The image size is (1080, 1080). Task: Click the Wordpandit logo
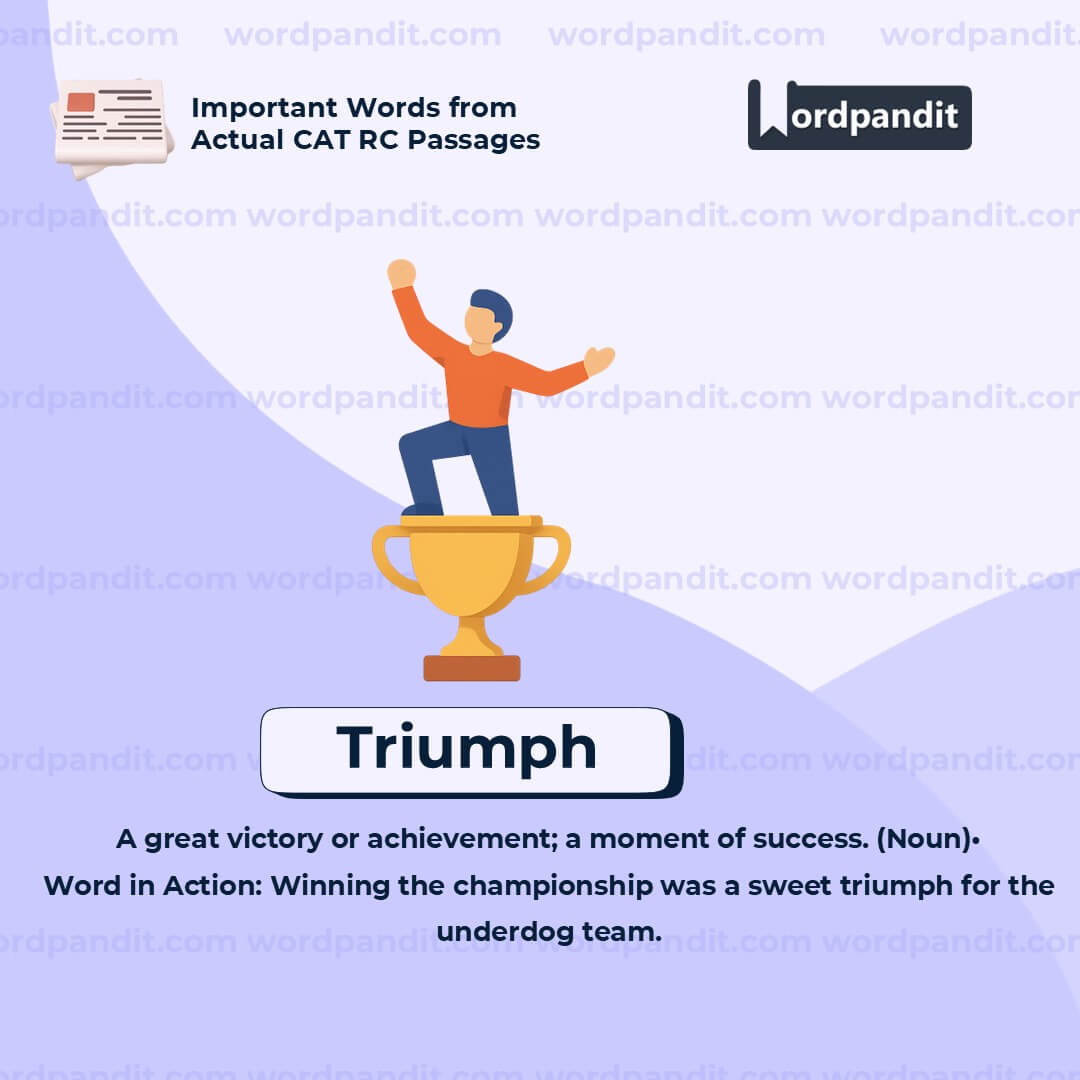click(x=859, y=115)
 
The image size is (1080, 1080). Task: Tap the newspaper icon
click(x=111, y=126)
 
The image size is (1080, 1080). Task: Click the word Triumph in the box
click(x=466, y=749)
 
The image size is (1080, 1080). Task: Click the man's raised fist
click(x=401, y=273)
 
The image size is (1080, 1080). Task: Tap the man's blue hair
click(x=494, y=308)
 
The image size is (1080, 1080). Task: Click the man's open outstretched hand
click(x=598, y=359)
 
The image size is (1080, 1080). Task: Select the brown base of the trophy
click(x=471, y=668)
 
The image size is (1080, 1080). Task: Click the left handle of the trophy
click(x=391, y=561)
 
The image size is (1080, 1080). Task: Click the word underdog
click(x=505, y=932)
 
